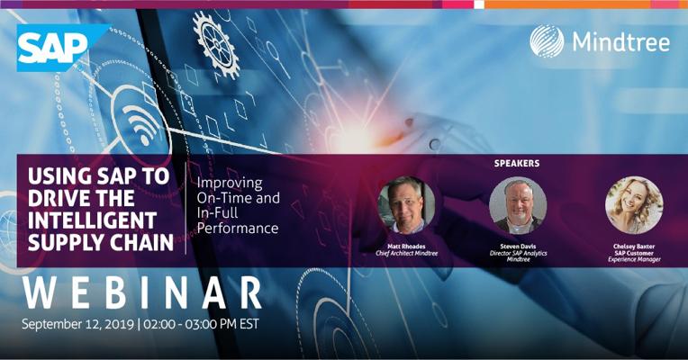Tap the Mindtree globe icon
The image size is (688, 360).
[547, 41]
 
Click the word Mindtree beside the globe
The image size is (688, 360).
[621, 42]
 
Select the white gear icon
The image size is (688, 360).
[216, 45]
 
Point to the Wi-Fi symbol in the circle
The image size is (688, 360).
[141, 121]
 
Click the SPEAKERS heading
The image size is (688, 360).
[517, 163]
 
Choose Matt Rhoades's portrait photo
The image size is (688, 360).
[406, 205]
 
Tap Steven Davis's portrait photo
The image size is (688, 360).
[518, 205]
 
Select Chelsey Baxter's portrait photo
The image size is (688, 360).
[634, 205]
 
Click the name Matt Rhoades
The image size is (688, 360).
[406, 247]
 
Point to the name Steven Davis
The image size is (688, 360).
[518, 247]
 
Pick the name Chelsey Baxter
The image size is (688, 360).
[634, 247]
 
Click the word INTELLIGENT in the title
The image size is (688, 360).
[92, 220]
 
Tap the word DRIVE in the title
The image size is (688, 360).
[57, 198]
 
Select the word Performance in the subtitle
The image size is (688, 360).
[238, 229]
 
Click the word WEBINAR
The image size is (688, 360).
[142, 292]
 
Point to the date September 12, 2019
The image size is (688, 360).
[77, 325]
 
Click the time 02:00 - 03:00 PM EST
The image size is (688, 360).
[201, 325]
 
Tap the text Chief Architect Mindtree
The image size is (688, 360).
[407, 253]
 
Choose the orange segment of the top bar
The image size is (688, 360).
[567, 4]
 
